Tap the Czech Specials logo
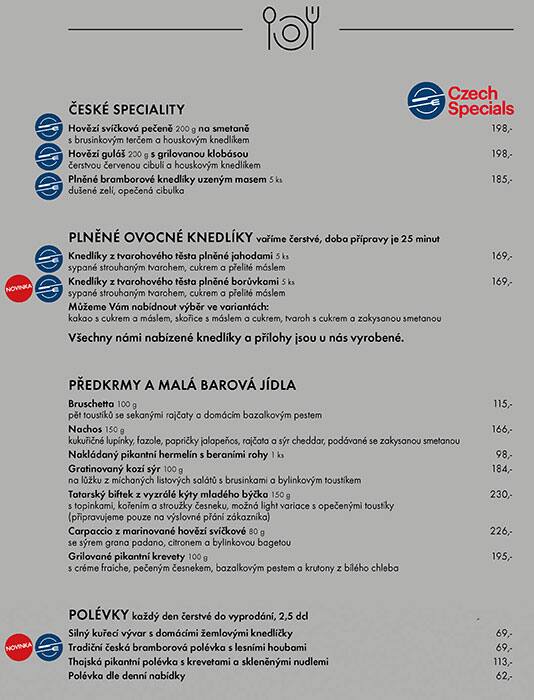click(461, 100)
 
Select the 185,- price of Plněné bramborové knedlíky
click(501, 179)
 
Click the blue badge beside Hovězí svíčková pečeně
click(49, 129)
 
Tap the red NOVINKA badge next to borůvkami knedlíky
click(18, 286)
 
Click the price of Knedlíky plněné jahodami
click(501, 256)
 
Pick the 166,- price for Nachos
click(501, 429)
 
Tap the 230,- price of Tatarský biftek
click(500, 494)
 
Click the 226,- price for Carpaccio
click(500, 531)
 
